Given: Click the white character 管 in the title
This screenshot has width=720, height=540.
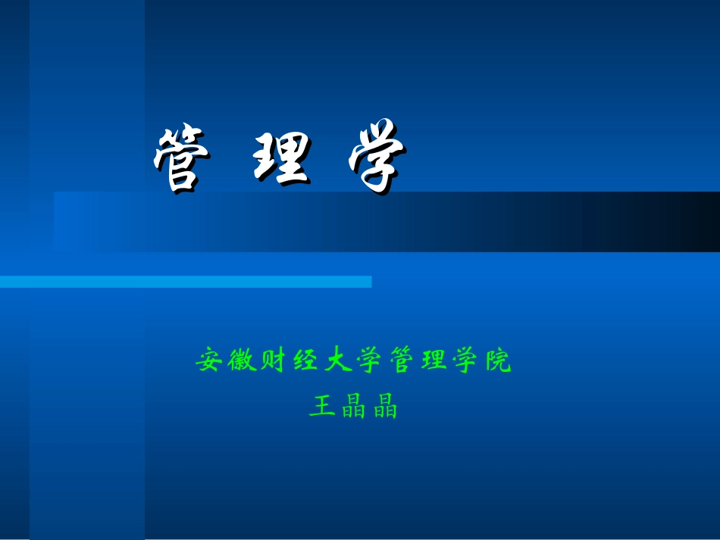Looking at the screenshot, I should pyautogui.click(x=179, y=160).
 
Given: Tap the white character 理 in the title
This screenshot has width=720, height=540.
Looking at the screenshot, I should pyautogui.click(x=280, y=160).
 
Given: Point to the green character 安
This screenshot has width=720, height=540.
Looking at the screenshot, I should pyautogui.click(x=208, y=361).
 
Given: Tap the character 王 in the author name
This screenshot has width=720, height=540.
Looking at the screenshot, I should pyautogui.click(x=321, y=407).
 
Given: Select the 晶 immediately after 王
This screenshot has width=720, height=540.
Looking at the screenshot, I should pyautogui.click(x=353, y=407).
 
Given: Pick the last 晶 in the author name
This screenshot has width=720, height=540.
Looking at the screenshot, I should pyautogui.click(x=385, y=407).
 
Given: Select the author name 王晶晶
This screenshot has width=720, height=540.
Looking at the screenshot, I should pyautogui.click(x=353, y=407).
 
